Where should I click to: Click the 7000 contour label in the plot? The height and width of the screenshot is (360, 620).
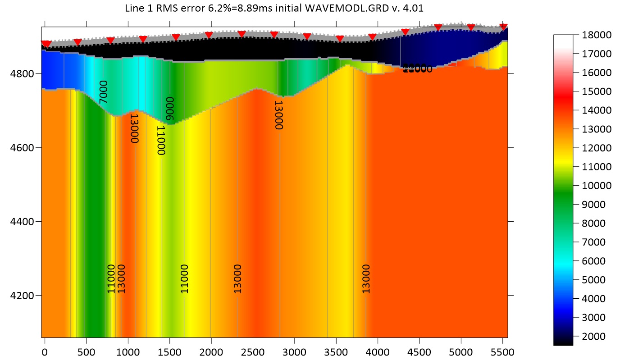pyautogui.click(x=104, y=92)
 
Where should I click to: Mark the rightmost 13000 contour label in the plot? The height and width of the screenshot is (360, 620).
pyautogui.click(x=366, y=279)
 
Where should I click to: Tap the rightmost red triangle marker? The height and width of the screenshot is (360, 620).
pyautogui.click(x=504, y=27)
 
